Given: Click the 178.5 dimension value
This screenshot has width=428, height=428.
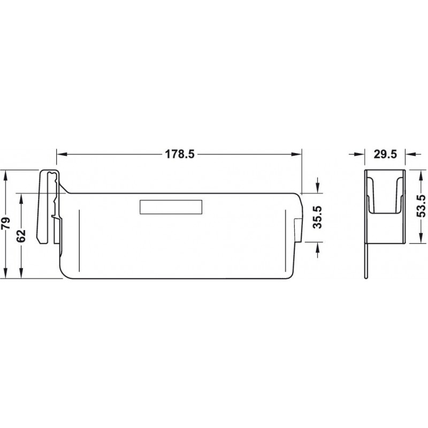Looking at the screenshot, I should [179, 155].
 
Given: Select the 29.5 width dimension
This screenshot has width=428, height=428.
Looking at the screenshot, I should [385, 155].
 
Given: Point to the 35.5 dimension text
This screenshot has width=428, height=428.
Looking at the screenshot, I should [317, 217].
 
